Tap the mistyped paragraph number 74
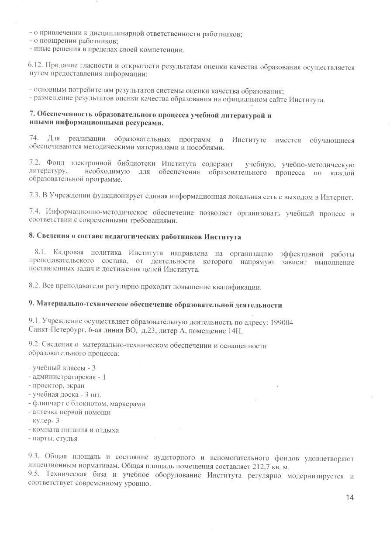click(33, 140)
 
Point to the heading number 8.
click(31, 237)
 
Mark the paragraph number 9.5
click(34, 475)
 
